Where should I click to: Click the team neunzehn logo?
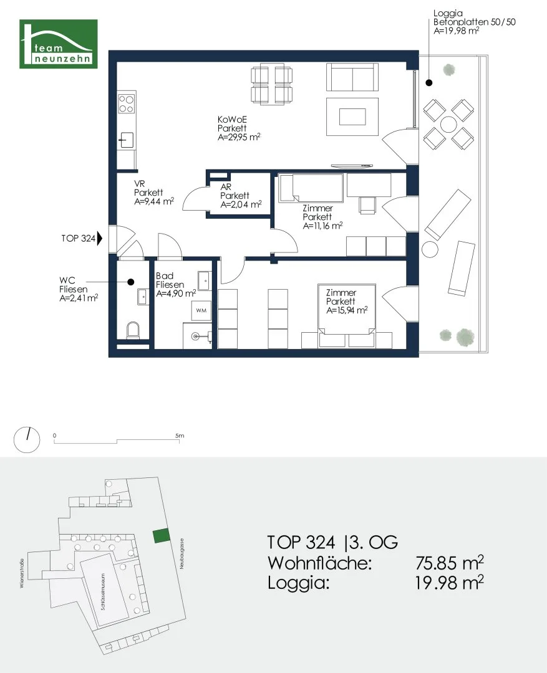pos(59,44)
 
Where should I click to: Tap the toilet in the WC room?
pos(133,330)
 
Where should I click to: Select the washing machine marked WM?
pos(201,310)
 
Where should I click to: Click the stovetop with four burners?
pos(127,104)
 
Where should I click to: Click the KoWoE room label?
pos(232,119)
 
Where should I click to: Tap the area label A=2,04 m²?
pos(241,205)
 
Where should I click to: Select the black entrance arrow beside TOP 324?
pos(100,238)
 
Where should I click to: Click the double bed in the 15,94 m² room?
pos(347,315)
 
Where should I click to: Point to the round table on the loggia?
pos(448,125)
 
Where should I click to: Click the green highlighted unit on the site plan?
pos(161,536)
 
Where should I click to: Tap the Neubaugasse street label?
pos(182,554)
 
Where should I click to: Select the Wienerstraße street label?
pos(22,573)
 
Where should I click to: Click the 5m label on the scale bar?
pos(180,436)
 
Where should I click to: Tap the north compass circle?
pos(27,440)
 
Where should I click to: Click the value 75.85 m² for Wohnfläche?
pos(450,562)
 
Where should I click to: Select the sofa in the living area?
pos(352,77)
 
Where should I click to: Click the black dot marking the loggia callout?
pos(429,83)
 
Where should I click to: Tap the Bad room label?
pos(165,275)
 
